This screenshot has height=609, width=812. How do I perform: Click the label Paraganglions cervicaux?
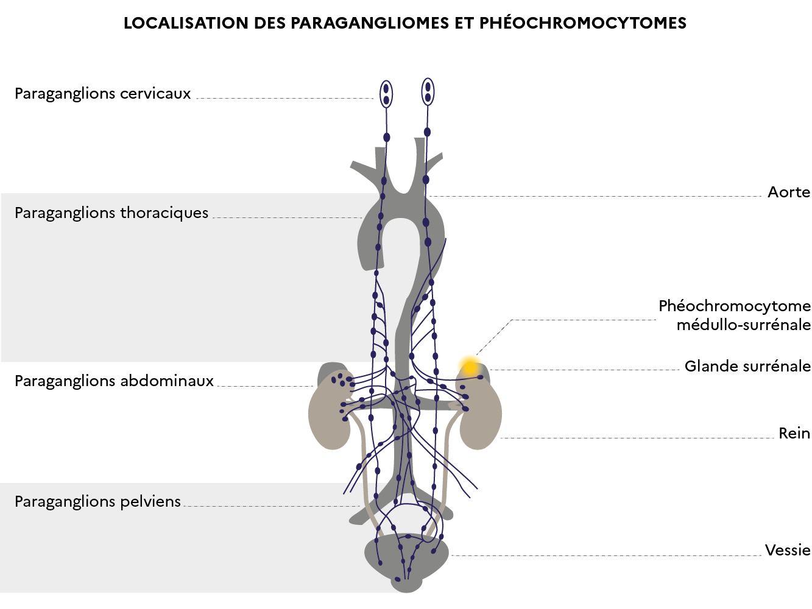102,94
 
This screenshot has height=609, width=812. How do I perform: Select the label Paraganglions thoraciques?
111,213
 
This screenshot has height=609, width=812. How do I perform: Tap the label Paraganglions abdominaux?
114,381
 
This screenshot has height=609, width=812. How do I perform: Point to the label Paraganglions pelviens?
97,502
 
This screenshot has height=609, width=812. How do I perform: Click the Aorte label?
788,192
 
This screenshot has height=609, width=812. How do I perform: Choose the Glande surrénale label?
747,367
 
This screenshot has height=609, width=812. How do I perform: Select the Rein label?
794,434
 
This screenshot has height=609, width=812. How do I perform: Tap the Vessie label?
787,551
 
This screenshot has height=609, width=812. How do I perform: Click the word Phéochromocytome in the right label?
734,306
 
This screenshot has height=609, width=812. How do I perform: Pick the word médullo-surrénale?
743,325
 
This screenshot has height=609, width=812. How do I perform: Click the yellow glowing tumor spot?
470,367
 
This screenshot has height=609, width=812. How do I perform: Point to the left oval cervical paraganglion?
386,94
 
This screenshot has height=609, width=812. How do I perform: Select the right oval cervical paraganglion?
428,92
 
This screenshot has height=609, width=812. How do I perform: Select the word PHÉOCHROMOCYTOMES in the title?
582,23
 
